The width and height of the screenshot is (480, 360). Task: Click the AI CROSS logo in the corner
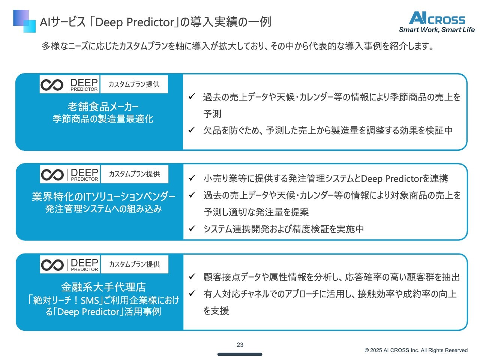(x=437, y=18)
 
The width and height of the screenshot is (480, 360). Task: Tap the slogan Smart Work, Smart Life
(x=437, y=30)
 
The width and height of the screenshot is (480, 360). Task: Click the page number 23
(x=240, y=345)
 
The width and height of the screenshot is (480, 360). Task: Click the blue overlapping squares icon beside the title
(x=24, y=21)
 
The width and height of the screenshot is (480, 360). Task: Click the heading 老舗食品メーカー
(x=103, y=107)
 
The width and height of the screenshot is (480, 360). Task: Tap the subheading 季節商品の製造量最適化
(x=103, y=119)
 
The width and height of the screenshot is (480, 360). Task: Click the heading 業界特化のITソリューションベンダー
(x=103, y=196)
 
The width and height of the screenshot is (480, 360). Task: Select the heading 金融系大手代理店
(x=103, y=287)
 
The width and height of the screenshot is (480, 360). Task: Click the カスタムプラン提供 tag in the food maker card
(x=134, y=84)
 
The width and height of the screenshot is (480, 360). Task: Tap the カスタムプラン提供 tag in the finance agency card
(x=135, y=264)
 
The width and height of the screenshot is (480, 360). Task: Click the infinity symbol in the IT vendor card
(x=52, y=175)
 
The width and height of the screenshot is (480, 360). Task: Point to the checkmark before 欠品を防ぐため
(x=192, y=130)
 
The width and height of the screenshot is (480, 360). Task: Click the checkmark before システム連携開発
(x=192, y=228)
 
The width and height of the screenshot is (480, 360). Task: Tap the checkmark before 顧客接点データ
(x=192, y=276)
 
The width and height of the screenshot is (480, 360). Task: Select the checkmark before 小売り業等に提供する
(x=192, y=178)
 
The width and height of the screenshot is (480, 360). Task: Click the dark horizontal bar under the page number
(x=240, y=354)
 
